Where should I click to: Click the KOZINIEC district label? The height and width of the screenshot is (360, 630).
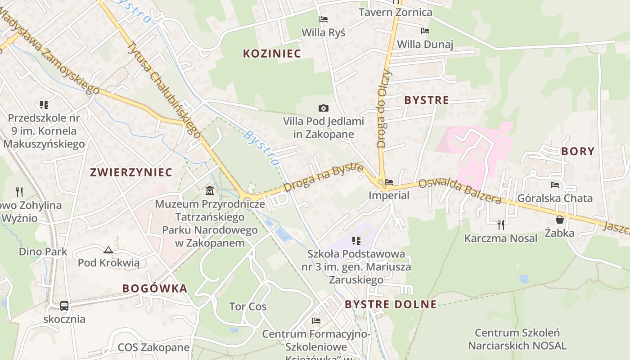tap(272, 54)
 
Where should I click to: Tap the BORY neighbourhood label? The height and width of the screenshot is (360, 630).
tap(578, 152)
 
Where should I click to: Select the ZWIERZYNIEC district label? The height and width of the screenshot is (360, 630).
tap(131, 172)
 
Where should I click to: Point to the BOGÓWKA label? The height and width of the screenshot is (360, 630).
tap(155, 289)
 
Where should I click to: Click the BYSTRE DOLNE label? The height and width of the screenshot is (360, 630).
tap(391, 305)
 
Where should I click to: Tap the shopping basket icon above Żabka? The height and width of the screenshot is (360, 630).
tap(560, 220)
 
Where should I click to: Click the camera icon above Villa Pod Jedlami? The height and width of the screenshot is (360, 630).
tap(323, 108)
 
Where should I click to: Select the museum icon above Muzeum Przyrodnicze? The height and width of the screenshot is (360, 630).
tap(210, 191)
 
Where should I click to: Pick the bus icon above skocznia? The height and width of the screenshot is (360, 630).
tap(64, 306)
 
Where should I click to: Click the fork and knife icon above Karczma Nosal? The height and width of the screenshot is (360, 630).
tap(500, 225)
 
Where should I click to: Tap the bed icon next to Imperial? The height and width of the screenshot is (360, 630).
tap(389, 182)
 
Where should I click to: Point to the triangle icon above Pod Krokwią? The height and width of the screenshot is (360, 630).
tap(108, 250)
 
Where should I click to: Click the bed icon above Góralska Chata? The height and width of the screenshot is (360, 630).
tap(555, 184)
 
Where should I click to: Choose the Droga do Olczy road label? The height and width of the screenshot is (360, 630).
tap(385, 108)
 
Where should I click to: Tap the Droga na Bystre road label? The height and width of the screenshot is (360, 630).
tap(323, 179)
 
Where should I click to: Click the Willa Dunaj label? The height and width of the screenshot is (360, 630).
tap(425, 45)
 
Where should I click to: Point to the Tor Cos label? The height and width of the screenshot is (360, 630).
tap(247, 307)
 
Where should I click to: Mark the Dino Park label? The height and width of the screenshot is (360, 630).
tap(43, 252)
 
